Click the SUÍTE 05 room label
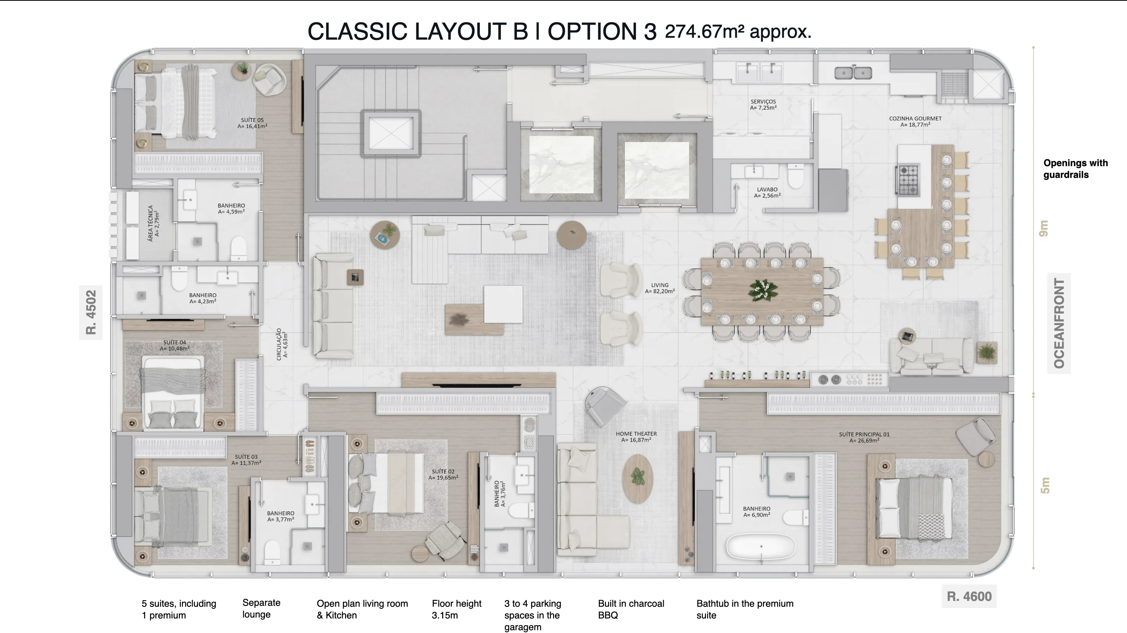click(x=252, y=123)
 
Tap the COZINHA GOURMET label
click(x=915, y=122)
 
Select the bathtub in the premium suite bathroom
click(x=761, y=547)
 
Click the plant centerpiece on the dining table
click(x=763, y=290)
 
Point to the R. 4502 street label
click(x=90, y=312)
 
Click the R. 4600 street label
click(x=969, y=596)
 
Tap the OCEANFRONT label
click(x=1059, y=323)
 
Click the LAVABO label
click(x=767, y=192)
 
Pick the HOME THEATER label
click(x=636, y=437)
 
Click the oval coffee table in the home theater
click(x=638, y=478)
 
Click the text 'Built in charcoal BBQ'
click(x=631, y=609)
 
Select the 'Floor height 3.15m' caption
click(x=456, y=609)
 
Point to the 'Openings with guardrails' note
click(x=1075, y=169)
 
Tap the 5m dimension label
click(x=1045, y=486)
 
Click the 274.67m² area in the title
click(x=704, y=32)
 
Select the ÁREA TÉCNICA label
click(x=153, y=223)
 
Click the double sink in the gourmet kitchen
click(x=853, y=73)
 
